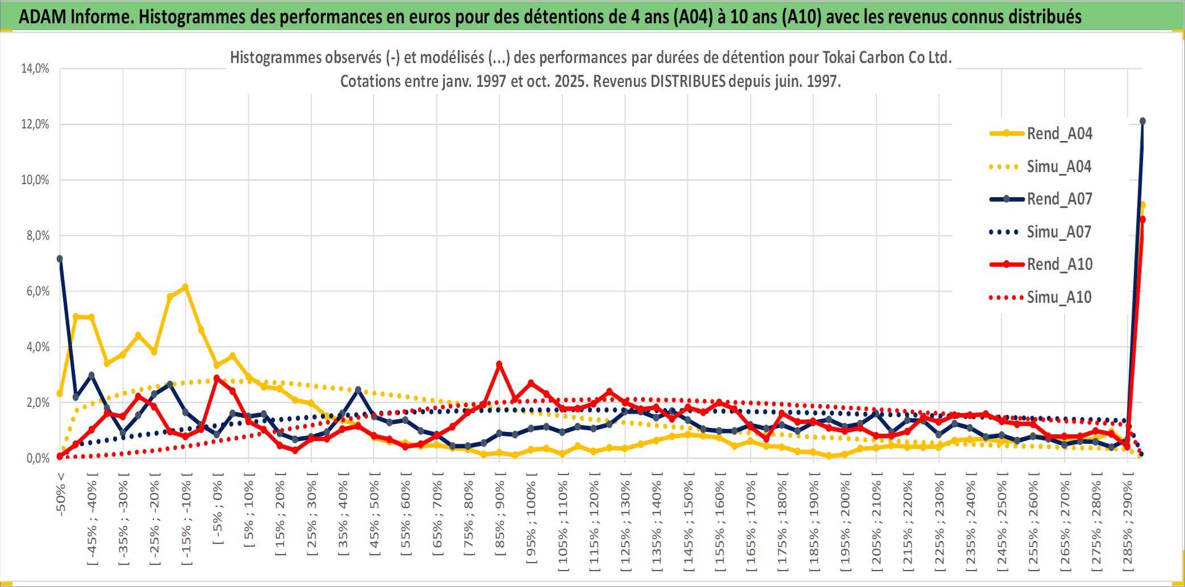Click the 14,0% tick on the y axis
click(x=35, y=69)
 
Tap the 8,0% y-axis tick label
click(x=37, y=236)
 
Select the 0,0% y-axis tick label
click(x=37, y=459)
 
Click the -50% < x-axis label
click(x=61, y=494)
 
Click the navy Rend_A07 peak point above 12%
click(x=1142, y=121)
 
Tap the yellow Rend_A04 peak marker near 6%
click(x=185, y=287)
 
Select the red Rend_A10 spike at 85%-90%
click(x=499, y=364)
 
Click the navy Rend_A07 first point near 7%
click(x=60, y=259)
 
